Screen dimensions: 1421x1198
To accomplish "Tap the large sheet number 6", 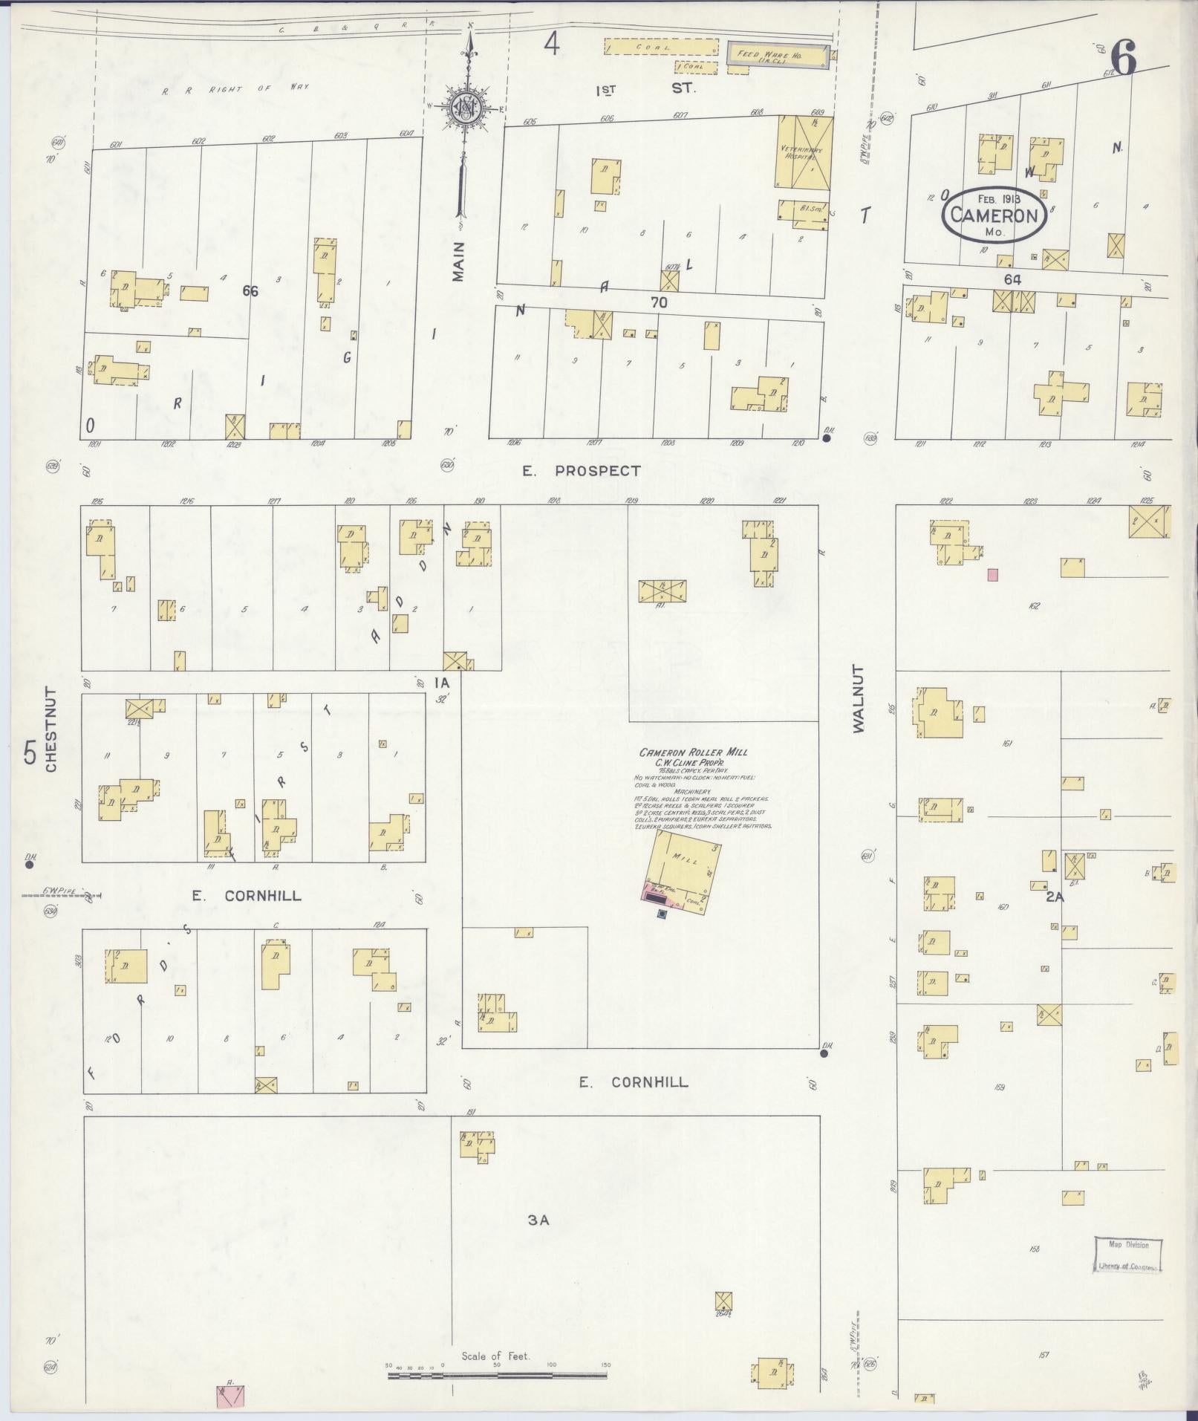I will (x=1124, y=59).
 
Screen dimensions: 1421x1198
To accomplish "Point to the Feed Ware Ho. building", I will (x=777, y=55).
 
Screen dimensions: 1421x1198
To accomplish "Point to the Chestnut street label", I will (x=51, y=729).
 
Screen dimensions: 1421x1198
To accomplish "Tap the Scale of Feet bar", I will (x=497, y=1376).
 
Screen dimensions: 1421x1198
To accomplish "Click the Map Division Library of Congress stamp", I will (x=1127, y=1255).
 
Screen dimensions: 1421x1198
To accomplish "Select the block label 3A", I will (x=538, y=1220).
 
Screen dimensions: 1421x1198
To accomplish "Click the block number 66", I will (x=250, y=291).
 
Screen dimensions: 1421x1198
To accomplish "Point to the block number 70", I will (x=659, y=302).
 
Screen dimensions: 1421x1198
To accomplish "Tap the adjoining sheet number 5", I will (x=30, y=753).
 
